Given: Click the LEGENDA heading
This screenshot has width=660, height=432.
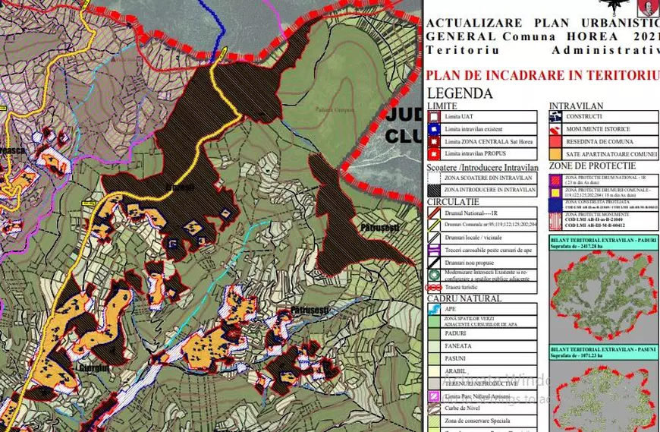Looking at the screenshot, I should [460, 94].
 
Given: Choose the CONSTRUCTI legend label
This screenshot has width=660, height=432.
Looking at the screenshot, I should [583, 117].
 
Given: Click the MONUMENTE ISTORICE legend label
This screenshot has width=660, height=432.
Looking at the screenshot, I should [597, 129].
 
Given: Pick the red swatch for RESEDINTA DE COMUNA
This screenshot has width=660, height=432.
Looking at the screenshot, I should [555, 142].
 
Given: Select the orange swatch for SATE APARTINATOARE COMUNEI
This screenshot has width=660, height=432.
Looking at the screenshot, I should [555, 154].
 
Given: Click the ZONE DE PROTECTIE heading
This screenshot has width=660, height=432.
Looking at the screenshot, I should [592, 166].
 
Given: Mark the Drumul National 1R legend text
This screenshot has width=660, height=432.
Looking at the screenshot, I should [473, 213].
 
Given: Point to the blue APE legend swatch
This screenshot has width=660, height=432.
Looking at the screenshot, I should [433, 310].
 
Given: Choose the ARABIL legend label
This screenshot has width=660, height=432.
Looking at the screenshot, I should [456, 371].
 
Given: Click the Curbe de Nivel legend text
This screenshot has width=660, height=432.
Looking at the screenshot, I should [464, 408].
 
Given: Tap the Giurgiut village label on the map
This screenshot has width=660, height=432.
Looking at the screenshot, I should [93, 368].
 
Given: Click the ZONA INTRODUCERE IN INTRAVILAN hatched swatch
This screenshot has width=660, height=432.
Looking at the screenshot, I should [433, 190].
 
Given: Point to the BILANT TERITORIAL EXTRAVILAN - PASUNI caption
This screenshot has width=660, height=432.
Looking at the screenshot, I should [604, 351].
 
